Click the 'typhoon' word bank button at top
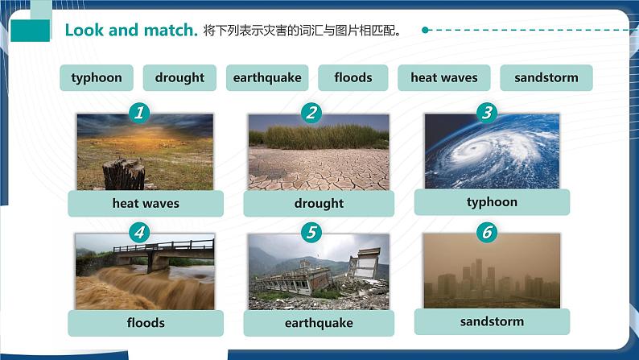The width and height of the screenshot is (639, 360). [97, 78]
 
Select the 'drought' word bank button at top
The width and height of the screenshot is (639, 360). [179, 78]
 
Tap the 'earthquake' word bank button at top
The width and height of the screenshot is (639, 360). [267, 78]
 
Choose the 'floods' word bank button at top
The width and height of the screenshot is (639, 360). [353, 78]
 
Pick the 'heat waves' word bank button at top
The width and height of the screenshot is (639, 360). [444, 78]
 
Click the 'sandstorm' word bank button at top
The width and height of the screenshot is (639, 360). [546, 78]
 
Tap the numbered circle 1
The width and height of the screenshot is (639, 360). [140, 114]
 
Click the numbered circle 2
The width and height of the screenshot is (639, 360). [311, 114]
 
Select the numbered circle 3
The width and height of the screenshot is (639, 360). [486, 113]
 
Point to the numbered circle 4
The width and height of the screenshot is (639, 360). [140, 234]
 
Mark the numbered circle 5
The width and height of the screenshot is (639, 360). [311, 234]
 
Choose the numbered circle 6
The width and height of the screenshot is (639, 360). [486, 234]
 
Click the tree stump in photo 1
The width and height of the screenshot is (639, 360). [124, 173]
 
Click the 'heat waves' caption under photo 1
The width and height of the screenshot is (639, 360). [146, 204]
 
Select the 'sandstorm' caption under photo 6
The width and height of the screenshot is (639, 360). [492, 321]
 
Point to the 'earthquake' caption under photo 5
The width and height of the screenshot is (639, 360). [319, 323]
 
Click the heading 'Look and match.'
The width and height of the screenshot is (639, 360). [131, 31]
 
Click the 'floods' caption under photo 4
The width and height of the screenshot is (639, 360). [146, 323]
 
